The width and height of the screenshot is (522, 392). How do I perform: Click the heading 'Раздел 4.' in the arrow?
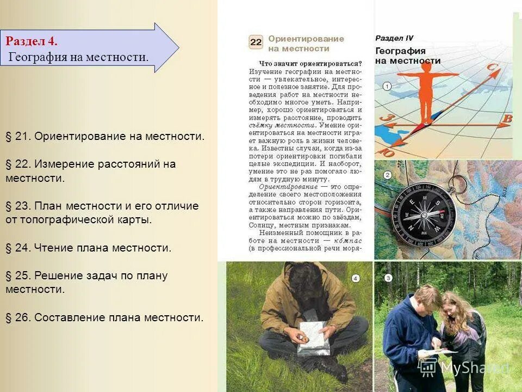coord(32,41)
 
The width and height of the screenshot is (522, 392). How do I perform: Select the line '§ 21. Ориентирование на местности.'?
coord(105,136)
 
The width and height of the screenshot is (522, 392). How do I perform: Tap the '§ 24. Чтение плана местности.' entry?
coord(88,248)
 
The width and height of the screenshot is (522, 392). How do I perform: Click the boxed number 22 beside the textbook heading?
coord(256,42)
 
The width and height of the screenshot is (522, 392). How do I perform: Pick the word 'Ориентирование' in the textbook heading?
coord(306,39)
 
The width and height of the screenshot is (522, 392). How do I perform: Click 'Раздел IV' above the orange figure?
coord(394,38)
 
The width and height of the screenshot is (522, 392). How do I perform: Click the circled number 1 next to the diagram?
coord(387,86)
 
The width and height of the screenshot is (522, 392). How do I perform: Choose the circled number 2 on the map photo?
coord(387,175)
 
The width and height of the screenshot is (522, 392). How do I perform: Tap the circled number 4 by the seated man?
coord(355,278)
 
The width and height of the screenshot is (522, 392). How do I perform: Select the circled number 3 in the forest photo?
coord(388,278)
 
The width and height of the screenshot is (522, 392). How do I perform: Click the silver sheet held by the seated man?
coord(314,338)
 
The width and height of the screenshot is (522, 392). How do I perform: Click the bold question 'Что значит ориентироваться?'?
coord(310,63)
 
